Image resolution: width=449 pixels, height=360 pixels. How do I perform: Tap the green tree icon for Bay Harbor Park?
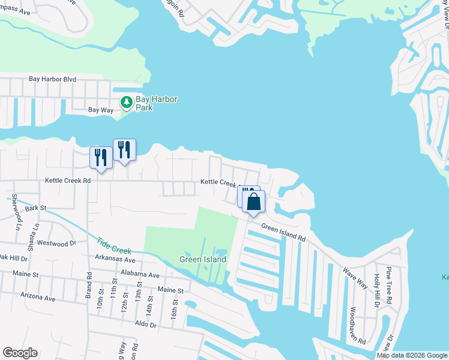click(127, 103)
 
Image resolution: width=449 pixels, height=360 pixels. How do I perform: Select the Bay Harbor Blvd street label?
click(53, 79)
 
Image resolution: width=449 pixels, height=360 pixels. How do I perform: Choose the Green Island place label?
click(203, 260)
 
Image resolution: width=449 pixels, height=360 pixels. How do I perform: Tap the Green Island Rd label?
click(283, 232)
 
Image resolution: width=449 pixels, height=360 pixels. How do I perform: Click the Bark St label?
click(35, 208)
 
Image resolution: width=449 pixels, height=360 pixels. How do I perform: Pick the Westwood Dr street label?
click(57, 244)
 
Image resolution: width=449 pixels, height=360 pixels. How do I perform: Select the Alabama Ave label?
click(139, 275)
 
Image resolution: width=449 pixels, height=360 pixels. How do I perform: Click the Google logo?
click(20, 353)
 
